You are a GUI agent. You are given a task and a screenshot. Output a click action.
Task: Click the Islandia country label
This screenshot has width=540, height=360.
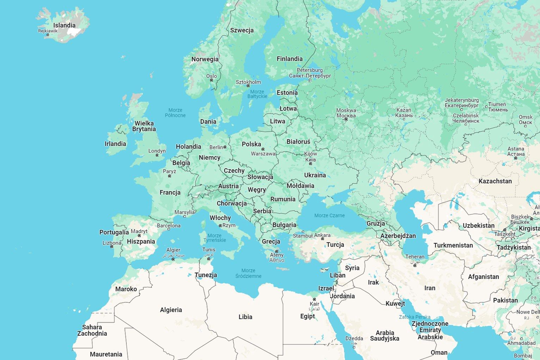[64, 25]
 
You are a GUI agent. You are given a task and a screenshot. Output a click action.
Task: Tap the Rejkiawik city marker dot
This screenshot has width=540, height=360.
[48, 35]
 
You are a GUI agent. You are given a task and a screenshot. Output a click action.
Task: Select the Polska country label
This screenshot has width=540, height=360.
[251, 144]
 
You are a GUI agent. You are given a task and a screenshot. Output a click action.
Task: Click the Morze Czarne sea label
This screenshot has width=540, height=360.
[330, 215]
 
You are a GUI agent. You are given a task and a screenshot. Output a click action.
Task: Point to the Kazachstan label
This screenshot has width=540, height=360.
[495, 181]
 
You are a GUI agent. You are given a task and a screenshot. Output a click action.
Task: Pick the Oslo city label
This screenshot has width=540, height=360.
[211, 76]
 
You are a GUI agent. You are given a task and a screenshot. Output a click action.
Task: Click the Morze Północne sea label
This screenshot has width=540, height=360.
[175, 113]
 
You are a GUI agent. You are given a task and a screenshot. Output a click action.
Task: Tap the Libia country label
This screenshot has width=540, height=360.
[245, 317]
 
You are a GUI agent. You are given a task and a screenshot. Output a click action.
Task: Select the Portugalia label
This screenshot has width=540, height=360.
[114, 232]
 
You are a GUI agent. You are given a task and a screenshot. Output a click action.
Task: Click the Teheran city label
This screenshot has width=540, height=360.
[415, 257]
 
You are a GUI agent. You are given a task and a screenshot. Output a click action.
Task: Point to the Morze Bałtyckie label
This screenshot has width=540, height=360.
[257, 94]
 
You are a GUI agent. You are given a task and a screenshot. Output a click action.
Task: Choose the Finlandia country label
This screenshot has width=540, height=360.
[289, 59]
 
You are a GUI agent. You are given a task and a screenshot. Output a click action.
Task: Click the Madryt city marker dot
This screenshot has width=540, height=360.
[139, 236]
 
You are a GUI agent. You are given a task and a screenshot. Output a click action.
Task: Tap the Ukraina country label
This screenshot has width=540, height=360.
[315, 175]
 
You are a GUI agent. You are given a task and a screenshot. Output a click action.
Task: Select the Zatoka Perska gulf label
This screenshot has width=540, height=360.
[415, 317]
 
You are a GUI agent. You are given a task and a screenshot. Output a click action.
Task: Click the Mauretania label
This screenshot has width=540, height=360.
[106, 354]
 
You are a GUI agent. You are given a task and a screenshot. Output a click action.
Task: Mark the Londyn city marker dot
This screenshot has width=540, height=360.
[157, 155]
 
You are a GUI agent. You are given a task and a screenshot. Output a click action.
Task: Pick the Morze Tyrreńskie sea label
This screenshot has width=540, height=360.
[215, 238]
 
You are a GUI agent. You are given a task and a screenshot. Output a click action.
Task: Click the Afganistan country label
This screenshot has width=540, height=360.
[483, 277]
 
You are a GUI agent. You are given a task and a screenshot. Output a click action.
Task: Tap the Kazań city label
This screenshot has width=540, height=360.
[404, 110]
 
